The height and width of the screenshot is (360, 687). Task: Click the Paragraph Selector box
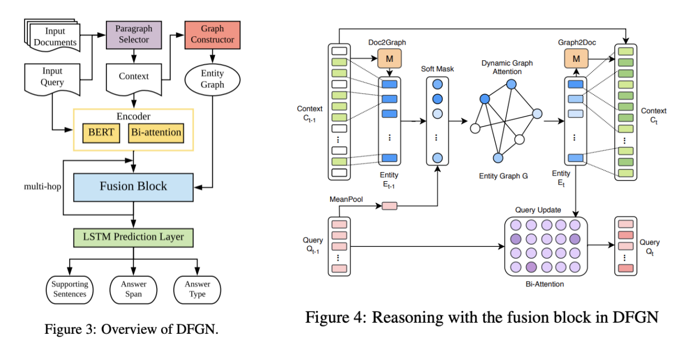click(133, 34)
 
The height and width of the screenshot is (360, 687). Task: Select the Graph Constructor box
click(212, 34)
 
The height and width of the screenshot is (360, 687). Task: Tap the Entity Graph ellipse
click(212, 79)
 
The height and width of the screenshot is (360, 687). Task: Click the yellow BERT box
click(100, 132)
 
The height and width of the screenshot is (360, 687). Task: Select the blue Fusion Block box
click(133, 186)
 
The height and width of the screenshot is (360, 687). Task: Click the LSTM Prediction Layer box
click(133, 237)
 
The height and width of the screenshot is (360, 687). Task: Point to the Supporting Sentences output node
click(70, 289)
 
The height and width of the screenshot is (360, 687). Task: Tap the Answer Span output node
click(133, 289)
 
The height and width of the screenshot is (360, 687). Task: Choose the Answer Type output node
click(197, 289)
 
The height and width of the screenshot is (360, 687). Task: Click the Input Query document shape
click(52, 77)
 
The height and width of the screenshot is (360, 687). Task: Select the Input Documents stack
click(53, 36)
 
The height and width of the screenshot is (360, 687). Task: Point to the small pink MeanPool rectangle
click(389, 206)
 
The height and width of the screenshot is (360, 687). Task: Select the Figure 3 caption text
click(131, 329)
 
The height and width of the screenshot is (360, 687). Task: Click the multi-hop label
click(41, 187)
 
